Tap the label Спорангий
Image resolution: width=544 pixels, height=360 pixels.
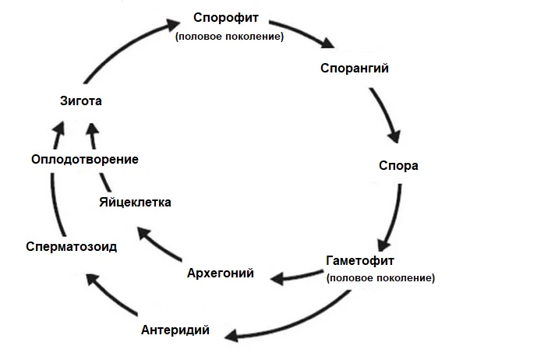(355, 68)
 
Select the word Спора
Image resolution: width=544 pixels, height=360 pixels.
(398, 166)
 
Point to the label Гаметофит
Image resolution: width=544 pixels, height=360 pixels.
(360, 261)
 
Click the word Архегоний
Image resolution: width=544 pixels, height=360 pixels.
(221, 274)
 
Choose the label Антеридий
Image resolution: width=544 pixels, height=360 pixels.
(175, 330)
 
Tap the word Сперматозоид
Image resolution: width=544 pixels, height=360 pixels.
(71, 246)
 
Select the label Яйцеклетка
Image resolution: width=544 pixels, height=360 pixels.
(136, 203)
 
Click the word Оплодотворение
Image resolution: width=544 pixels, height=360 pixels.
(85, 159)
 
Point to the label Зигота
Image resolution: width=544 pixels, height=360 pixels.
(81, 101)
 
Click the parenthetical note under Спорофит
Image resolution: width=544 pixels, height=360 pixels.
(229, 36)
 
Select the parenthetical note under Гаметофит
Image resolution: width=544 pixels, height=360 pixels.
(381, 277)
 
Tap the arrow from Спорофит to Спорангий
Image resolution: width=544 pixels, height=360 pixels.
(309, 35)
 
